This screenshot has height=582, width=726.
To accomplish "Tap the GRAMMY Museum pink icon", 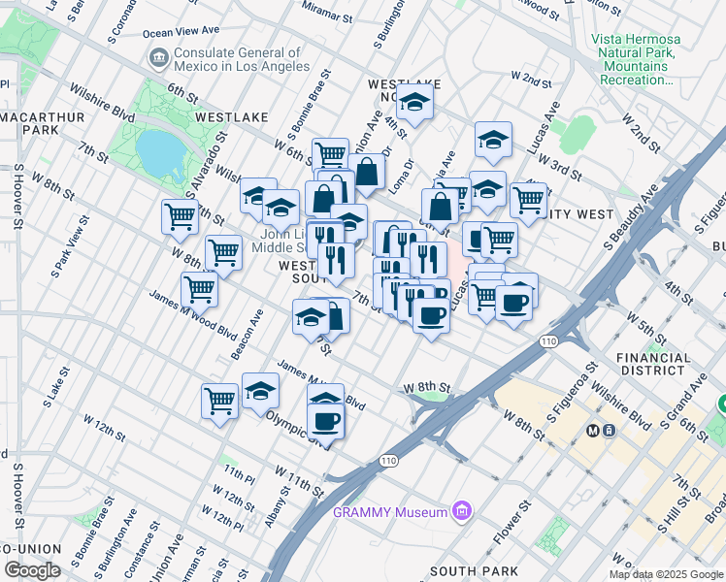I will pos(462,511).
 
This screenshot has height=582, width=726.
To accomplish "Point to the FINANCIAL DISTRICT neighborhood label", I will pos(653,364).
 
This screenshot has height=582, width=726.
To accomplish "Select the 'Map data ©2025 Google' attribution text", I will pos(666,574).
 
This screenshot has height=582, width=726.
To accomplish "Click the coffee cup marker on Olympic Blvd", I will pos(326,421).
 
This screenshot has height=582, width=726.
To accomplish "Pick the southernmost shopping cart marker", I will pos(220,400).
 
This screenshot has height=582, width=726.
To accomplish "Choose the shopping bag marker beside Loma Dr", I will pos(369,173).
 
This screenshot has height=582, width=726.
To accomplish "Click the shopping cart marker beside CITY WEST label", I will pos(528,199).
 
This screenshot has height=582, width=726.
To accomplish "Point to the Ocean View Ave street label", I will pos(183,32).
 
